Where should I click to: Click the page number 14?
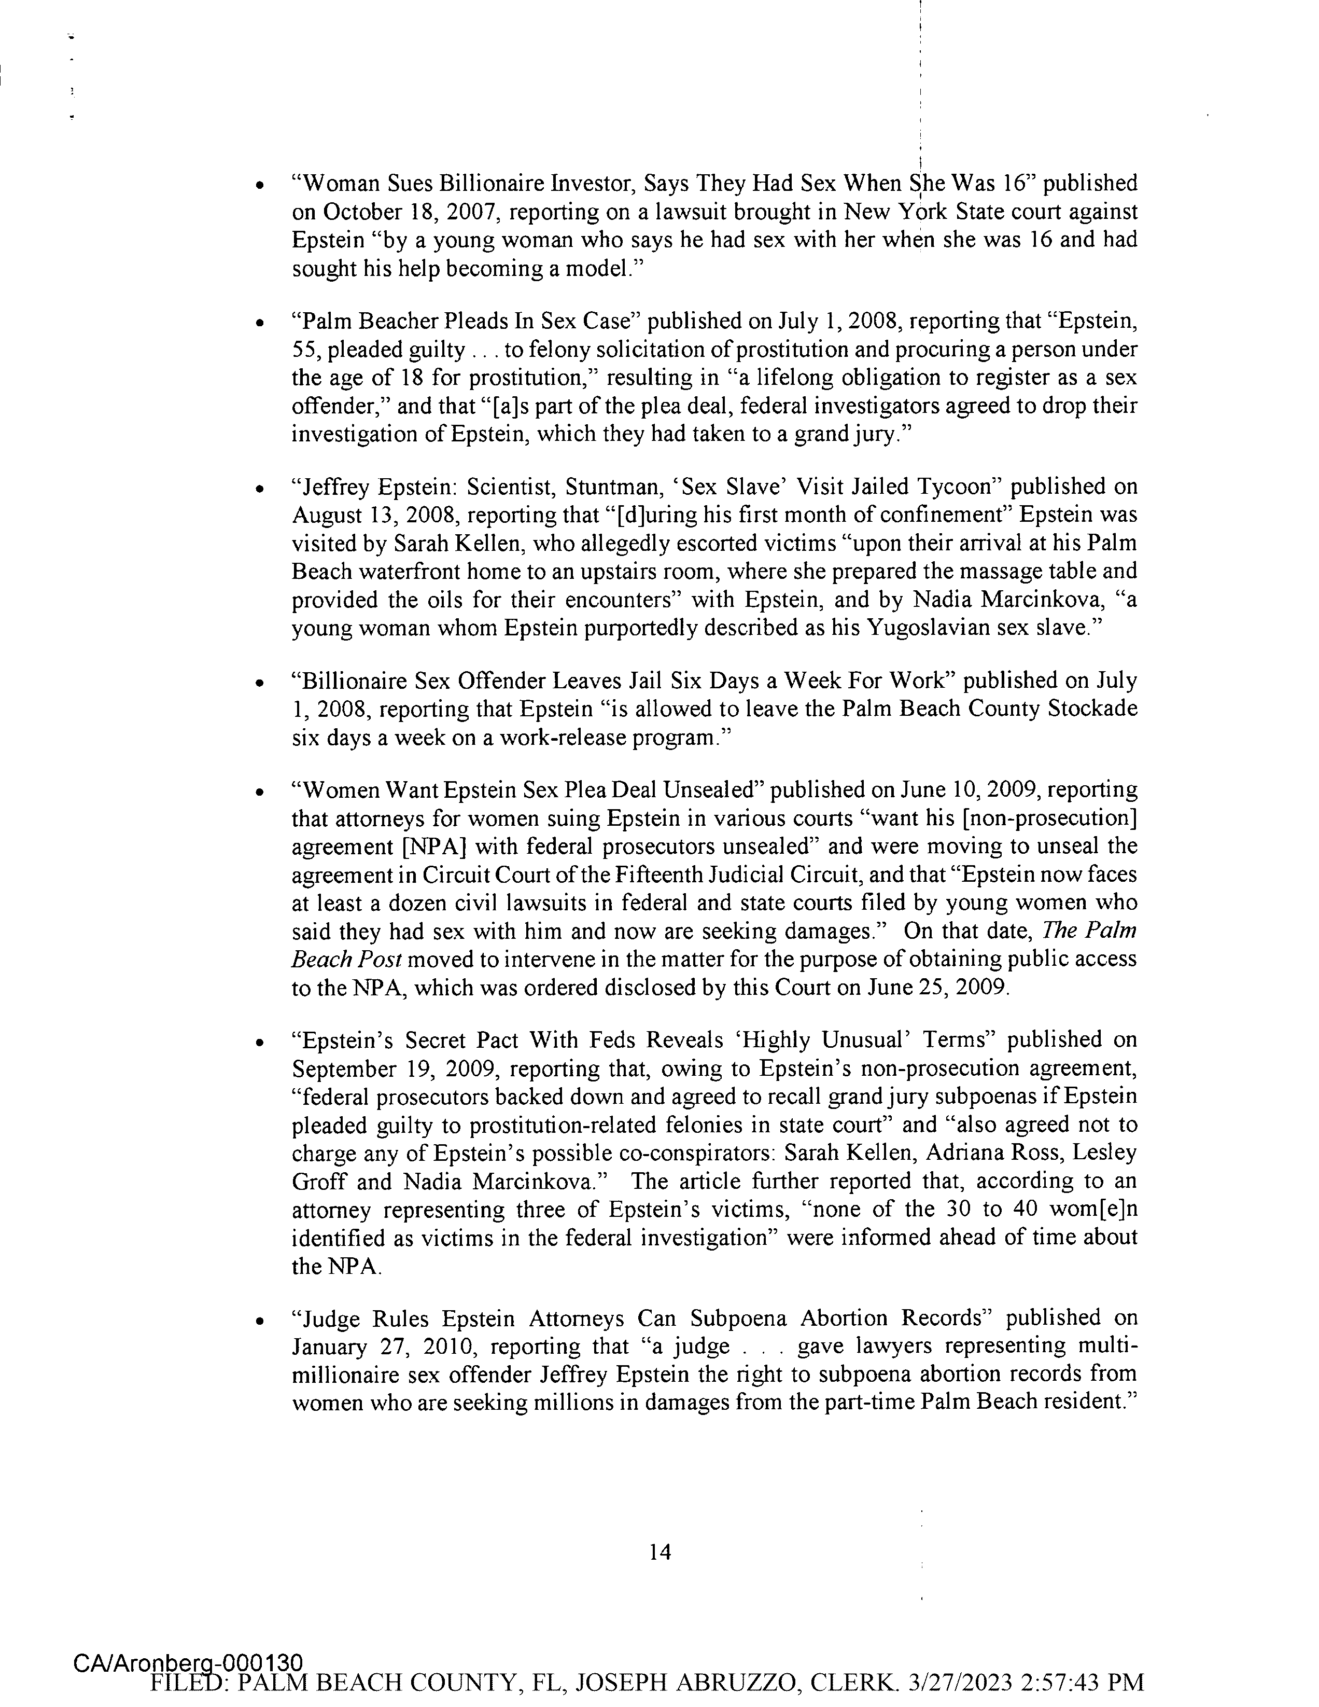(659, 1551)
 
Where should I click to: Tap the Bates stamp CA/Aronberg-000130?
(188, 1664)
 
